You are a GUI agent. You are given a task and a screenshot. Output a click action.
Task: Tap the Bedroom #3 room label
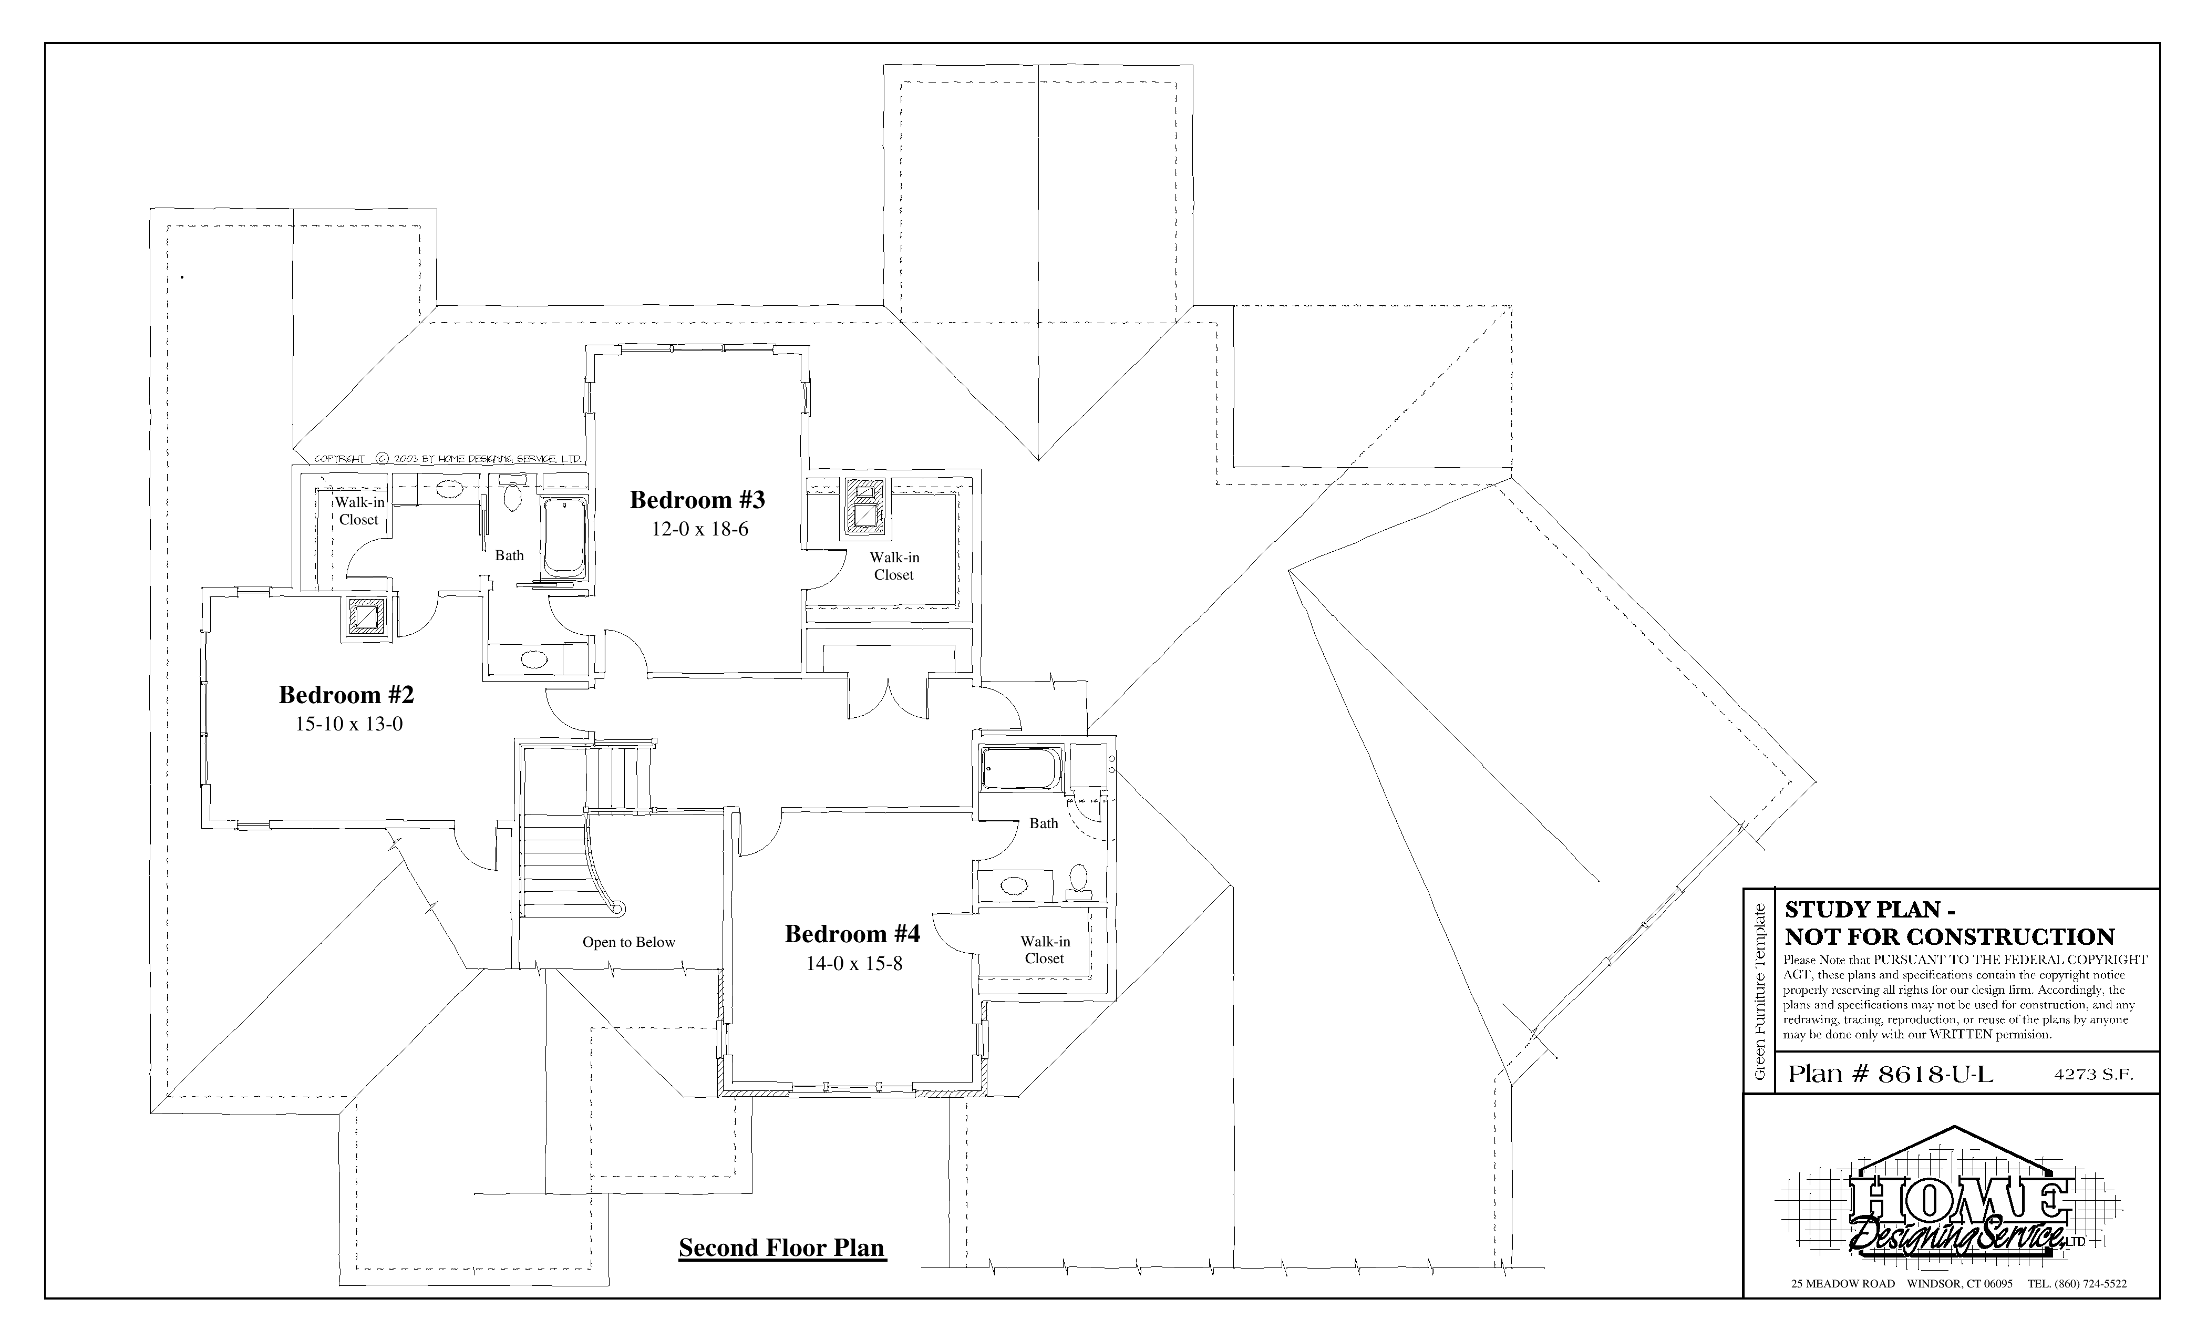698,500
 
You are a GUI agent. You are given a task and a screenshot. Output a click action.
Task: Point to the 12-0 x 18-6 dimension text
699,529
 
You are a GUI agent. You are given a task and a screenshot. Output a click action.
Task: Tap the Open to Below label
629,942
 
